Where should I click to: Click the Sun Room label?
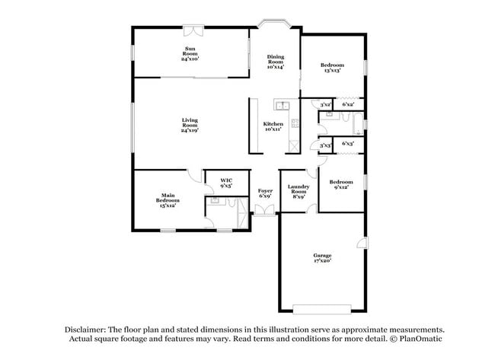point(190,54)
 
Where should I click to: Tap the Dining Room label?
point(275,62)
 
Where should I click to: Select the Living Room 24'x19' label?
point(190,125)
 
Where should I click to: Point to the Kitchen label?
point(273,127)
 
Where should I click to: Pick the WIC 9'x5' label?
point(226,183)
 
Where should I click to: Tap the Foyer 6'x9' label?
point(265,193)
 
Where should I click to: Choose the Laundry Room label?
point(298,191)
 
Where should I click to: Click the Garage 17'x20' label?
point(323,258)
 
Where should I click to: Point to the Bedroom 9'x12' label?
point(340,185)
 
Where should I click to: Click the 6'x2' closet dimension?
point(348,104)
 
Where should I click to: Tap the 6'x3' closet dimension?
point(348,143)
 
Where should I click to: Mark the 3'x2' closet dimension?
point(325,104)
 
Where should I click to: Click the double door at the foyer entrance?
point(265,209)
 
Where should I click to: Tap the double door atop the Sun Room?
point(192,31)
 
